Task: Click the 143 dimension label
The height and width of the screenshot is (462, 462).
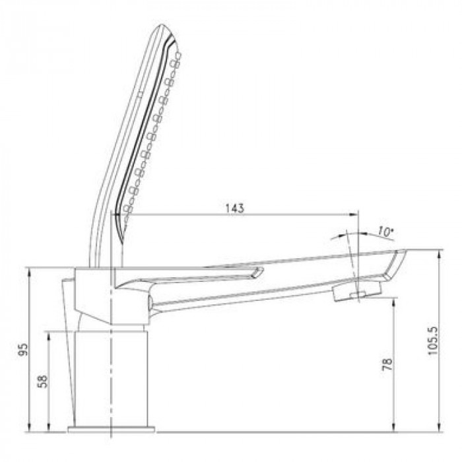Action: (x=235, y=209)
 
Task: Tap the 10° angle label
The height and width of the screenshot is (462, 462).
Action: (x=385, y=232)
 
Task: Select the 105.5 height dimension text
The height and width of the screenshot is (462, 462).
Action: (x=433, y=341)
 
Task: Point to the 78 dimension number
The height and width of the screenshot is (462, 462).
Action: (x=387, y=364)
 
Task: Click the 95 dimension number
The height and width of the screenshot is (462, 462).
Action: (x=23, y=349)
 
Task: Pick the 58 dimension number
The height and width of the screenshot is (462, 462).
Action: (x=43, y=381)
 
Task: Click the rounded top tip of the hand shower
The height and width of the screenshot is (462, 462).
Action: (x=162, y=25)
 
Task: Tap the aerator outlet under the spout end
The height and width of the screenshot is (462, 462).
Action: (x=357, y=291)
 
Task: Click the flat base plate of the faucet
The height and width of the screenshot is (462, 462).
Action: (x=112, y=429)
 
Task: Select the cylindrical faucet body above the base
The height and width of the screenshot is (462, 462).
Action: (x=111, y=379)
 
